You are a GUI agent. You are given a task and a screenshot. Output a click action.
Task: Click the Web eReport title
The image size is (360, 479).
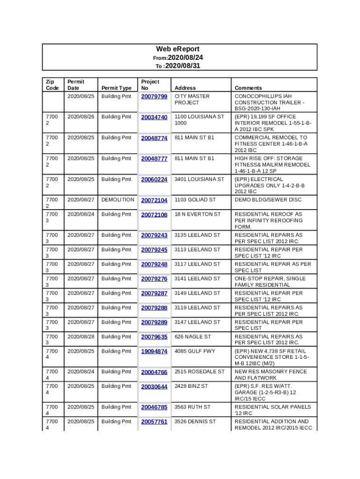pyautogui.click(x=178, y=49)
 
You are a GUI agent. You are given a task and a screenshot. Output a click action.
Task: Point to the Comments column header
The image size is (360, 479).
pyautogui.click(x=248, y=88)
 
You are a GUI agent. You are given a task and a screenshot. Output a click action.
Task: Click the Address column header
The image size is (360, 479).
pyautogui.click(x=185, y=88)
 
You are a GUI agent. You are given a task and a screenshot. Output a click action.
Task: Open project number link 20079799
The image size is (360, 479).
pyautogui.click(x=154, y=97)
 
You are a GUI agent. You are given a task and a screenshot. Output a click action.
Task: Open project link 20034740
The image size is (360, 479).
pyautogui.click(x=154, y=117)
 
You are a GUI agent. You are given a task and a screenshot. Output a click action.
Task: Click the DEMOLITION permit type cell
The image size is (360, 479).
pyautogui.click(x=118, y=200)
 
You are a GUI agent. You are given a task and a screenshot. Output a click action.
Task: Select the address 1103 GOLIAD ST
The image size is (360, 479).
pyautogui.click(x=195, y=200)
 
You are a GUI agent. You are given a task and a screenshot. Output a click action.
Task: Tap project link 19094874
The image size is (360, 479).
pyautogui.click(x=154, y=352)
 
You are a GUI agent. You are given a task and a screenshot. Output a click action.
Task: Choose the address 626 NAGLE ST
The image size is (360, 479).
pyautogui.click(x=193, y=336)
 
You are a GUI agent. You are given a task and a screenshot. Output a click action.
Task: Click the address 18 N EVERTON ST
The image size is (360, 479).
pyautogui.click(x=197, y=214)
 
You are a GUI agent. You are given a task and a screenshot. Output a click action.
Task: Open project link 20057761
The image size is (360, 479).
pyautogui.click(x=154, y=422)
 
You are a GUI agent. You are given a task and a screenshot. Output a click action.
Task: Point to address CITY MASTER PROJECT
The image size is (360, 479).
pyautogui.click(x=192, y=99)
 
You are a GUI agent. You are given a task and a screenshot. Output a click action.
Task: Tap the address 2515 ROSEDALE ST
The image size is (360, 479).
pyautogui.click(x=200, y=371)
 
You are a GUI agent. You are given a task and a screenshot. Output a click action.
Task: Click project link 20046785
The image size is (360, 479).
pyautogui.click(x=154, y=407)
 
